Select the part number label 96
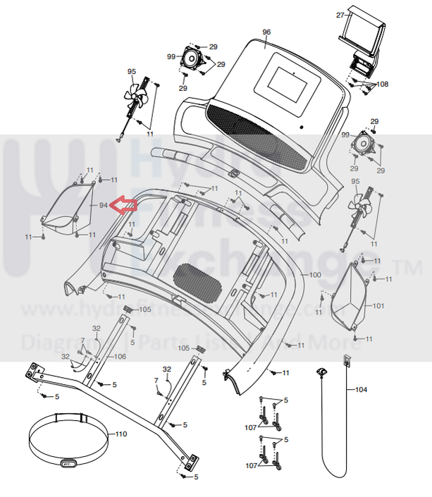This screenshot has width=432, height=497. click(266, 32)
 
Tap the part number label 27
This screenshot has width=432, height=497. click(340, 15)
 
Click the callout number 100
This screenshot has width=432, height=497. click(314, 274)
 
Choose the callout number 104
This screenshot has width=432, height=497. click(361, 389)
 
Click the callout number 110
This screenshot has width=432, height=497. click(121, 434)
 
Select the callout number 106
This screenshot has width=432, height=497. click(120, 357)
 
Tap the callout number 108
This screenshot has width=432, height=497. click(381, 84)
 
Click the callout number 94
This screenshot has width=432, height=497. click(103, 205)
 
